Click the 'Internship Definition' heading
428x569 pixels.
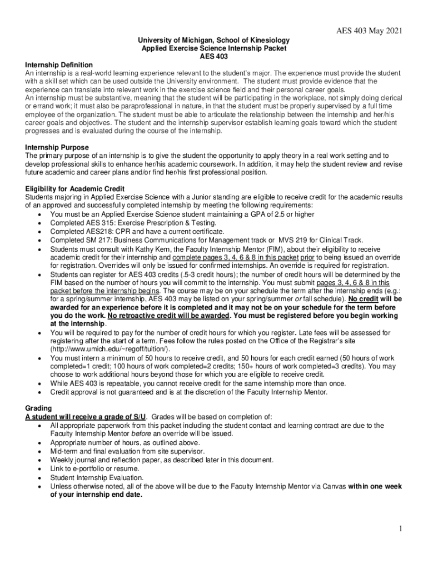pos(59,65)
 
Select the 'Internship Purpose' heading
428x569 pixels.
pos(56,147)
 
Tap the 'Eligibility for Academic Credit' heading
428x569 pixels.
pos(74,189)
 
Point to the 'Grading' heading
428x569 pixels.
pos(38,408)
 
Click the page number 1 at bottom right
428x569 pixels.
pos(400,528)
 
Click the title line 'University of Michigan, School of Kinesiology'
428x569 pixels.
pos(213,41)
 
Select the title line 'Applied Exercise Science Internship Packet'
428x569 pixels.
pos(213,48)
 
